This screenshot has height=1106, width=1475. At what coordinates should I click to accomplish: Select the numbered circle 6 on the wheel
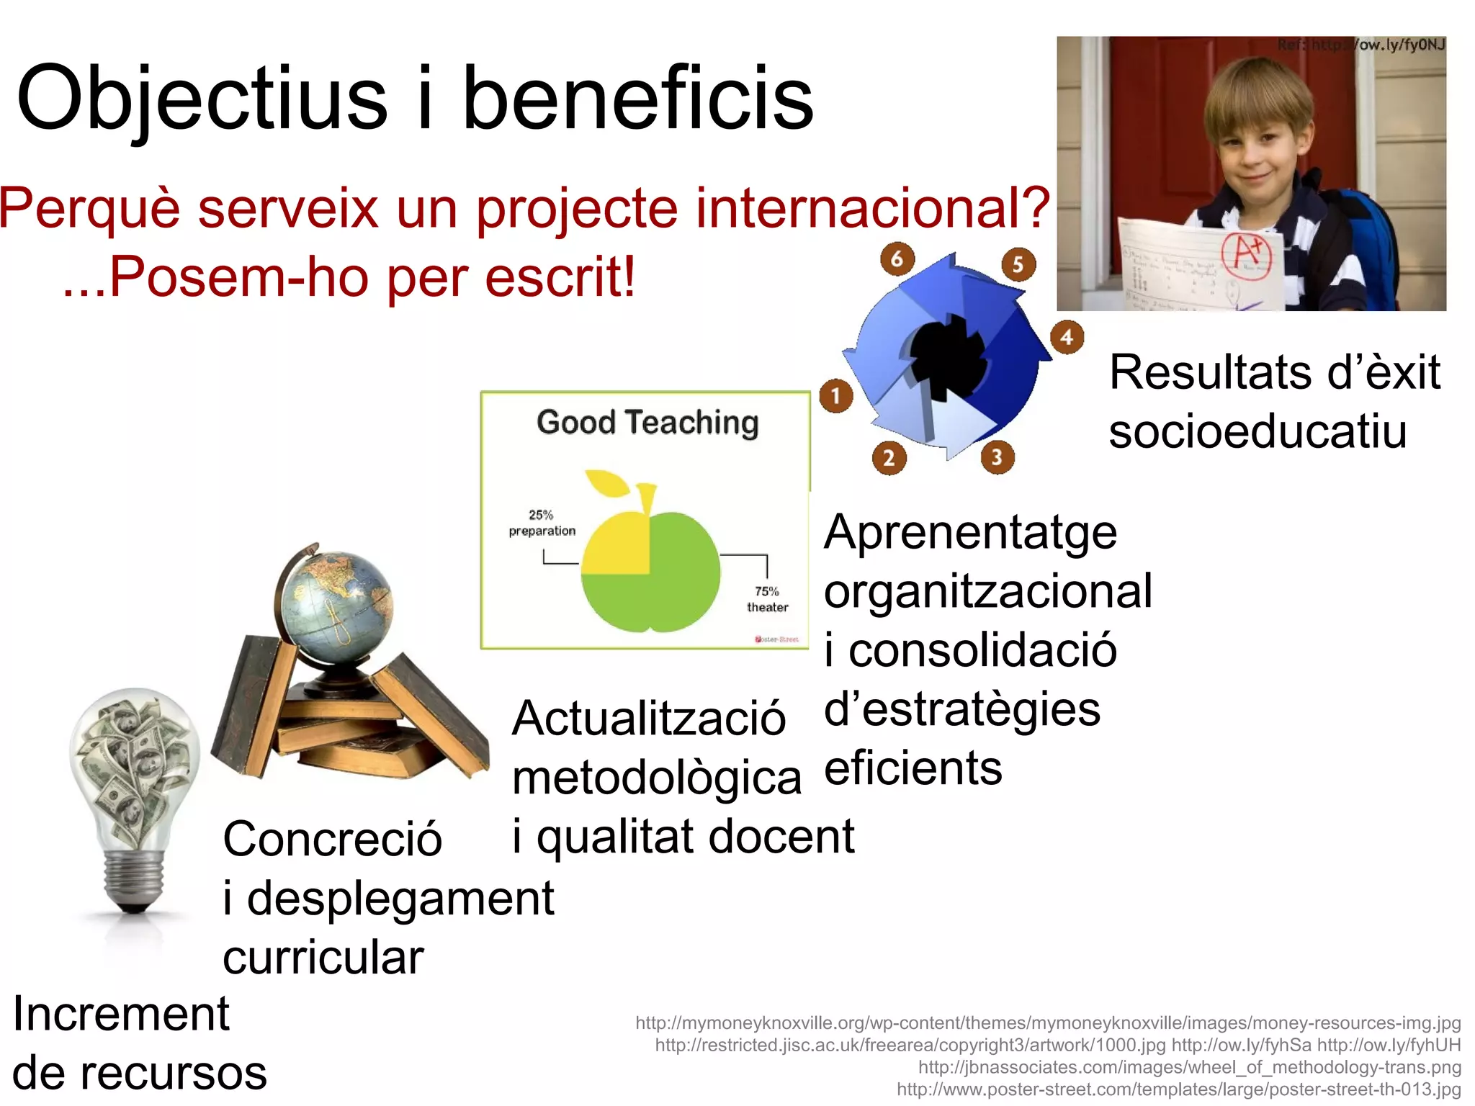pyautogui.click(x=897, y=258)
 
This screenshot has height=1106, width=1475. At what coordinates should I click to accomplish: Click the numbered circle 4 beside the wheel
pyautogui.click(x=1067, y=337)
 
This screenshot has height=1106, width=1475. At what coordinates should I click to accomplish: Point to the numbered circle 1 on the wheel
pyautogui.click(x=836, y=395)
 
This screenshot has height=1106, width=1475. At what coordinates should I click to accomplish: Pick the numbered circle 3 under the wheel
pyautogui.click(x=997, y=457)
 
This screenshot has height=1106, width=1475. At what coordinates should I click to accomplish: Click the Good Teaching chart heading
pyautogui.click(x=647, y=422)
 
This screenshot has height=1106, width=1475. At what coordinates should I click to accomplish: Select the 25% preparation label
pyautogui.click(x=542, y=523)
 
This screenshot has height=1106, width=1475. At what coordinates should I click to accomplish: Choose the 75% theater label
pyautogui.click(x=767, y=599)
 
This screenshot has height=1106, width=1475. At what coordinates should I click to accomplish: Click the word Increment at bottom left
pyautogui.click(x=121, y=1014)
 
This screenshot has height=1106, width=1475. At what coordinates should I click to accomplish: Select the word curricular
pyautogui.click(x=323, y=958)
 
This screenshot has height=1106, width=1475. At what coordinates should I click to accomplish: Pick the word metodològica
pyautogui.click(x=656, y=778)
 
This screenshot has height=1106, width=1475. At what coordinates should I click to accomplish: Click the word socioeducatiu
pyautogui.click(x=1257, y=431)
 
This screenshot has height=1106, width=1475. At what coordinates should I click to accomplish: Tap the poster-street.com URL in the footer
pyautogui.click(x=1178, y=1089)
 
